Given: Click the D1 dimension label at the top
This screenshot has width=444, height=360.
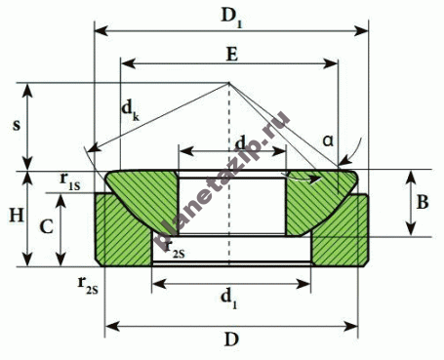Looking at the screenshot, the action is click(x=232, y=17).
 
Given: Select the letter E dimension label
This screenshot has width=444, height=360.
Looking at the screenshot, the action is click(x=232, y=54).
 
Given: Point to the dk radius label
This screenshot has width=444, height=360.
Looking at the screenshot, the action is click(x=131, y=110).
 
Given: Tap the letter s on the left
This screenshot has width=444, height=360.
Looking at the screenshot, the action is click(x=17, y=125).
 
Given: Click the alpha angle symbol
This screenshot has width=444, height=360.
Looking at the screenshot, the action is click(x=328, y=140).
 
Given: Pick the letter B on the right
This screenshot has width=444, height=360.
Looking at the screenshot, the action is click(x=423, y=202).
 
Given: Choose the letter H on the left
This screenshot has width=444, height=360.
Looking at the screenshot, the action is click(x=17, y=216).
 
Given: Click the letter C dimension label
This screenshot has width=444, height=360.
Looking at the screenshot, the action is click(x=46, y=226).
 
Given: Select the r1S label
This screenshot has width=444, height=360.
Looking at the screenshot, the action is click(x=69, y=181).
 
